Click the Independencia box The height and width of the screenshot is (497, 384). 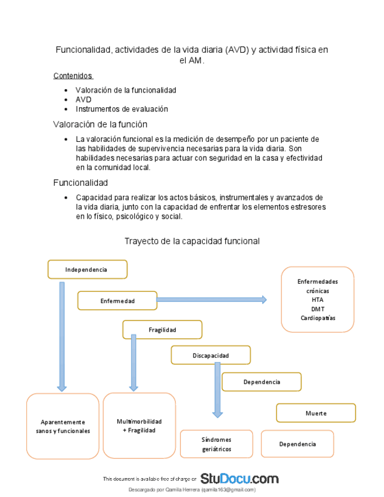click(87, 269)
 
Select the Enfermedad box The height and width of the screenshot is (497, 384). click(117, 301)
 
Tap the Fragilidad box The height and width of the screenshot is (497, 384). click(162, 329)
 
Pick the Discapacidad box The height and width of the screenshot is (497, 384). click(210, 355)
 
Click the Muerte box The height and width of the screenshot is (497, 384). click(315, 413)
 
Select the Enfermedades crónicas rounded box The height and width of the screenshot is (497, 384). click(317, 299)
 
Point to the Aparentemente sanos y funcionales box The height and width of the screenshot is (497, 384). click(63, 425)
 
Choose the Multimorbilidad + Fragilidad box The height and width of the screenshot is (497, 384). click(139, 425)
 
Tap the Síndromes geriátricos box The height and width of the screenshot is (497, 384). click(216, 444)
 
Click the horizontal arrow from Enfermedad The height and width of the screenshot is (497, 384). click(212, 299)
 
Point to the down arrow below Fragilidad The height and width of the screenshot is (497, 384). click(134, 362)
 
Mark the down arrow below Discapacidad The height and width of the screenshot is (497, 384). click(218, 390)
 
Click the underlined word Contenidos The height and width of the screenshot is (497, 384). click(73, 76)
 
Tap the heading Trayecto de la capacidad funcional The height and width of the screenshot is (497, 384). click(192, 241)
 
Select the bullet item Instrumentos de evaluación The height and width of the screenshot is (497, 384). click(121, 109)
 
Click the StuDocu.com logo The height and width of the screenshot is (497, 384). click(239, 478)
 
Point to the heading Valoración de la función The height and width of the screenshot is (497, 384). click(100, 124)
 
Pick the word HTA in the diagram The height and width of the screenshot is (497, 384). click(317, 299)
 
